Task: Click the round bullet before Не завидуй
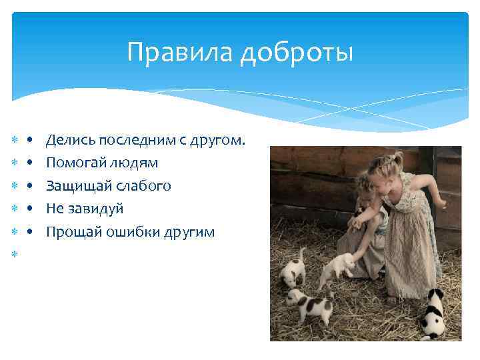[x=31, y=209]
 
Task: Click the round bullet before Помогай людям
[x=31, y=163]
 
